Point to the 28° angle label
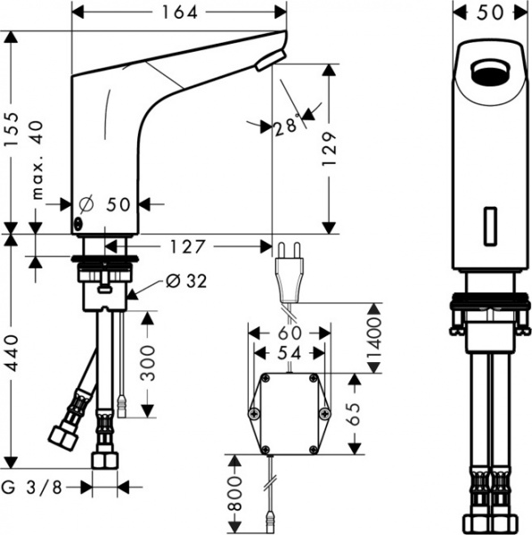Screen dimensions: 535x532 pyautogui.click(x=285, y=127)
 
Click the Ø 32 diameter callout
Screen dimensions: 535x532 pyautogui.click(x=186, y=281)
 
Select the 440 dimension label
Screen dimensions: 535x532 pyautogui.click(x=12, y=356)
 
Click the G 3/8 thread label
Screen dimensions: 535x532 pyautogui.click(x=42, y=487)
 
